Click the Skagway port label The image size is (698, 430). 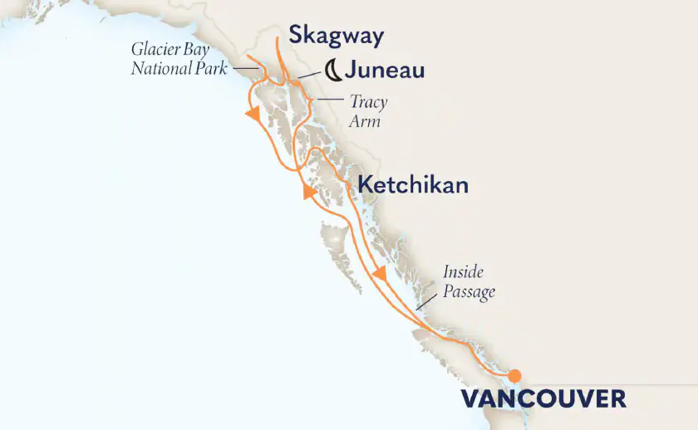click(x=336, y=36)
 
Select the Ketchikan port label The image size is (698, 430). click(x=412, y=185)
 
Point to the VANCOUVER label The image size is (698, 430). click(x=543, y=398)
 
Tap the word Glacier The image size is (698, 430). click(x=155, y=49)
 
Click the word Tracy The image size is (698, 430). click(x=368, y=102)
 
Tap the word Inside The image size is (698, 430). click(x=463, y=272)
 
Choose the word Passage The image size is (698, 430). click(x=469, y=291)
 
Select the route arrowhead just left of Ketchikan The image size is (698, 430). click(x=310, y=193)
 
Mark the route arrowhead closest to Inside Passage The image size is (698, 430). click(x=379, y=273)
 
